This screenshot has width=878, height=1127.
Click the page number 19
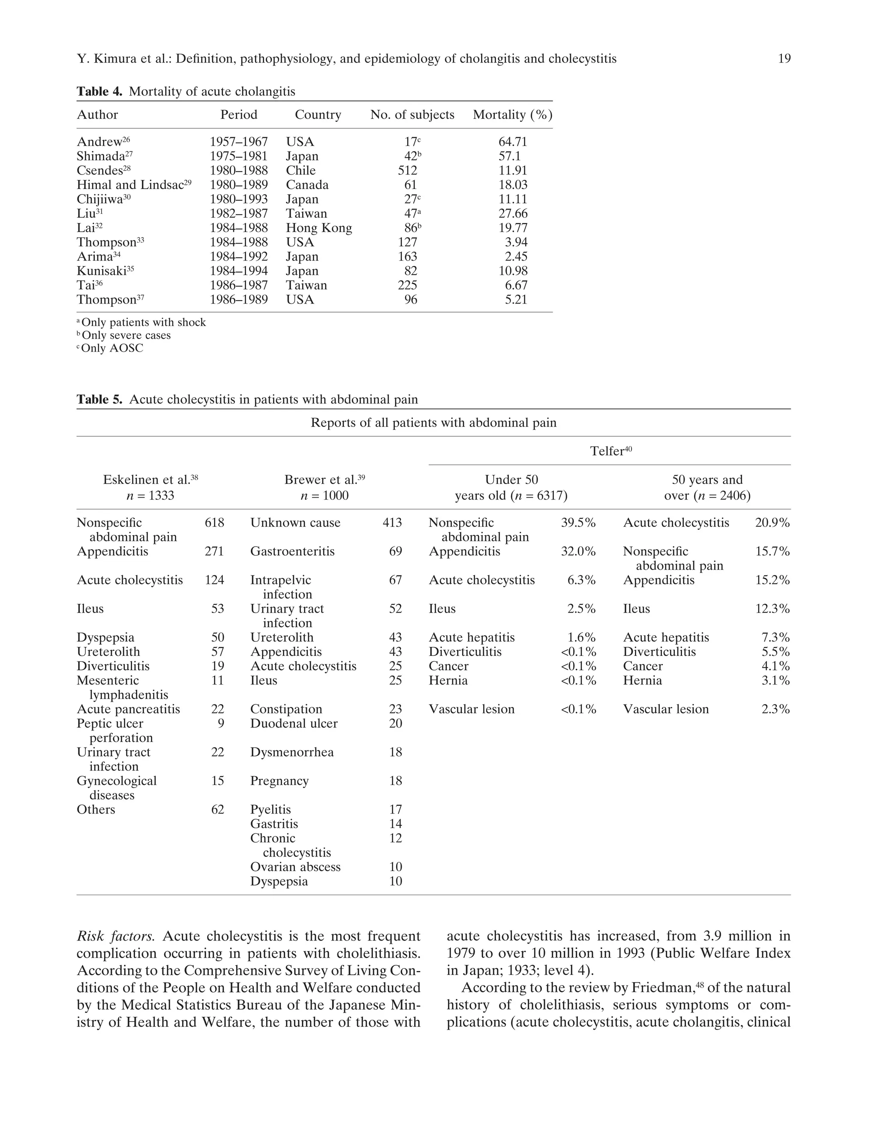(784, 59)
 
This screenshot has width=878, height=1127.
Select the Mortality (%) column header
(512, 114)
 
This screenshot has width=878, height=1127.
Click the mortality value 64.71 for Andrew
(513, 142)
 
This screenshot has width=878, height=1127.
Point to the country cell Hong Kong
(319, 228)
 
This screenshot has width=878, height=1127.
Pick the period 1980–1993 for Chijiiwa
(238, 199)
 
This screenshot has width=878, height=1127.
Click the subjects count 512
(407, 171)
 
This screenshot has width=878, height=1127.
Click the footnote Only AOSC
(111, 349)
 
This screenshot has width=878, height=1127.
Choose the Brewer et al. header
(324, 480)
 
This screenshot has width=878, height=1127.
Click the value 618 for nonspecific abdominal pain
(214, 523)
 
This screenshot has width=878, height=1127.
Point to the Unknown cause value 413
(392, 523)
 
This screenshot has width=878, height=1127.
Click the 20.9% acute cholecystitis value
(772, 523)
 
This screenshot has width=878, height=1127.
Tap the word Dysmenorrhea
(292, 752)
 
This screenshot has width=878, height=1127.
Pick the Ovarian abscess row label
(295, 867)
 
